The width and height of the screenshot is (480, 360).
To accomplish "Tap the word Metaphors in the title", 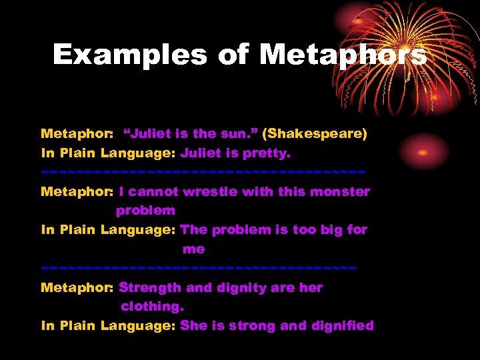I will pyautogui.click(x=343, y=55).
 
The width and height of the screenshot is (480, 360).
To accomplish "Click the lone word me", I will pyautogui.click(x=193, y=249).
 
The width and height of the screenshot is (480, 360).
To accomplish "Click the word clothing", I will pyautogui.click(x=151, y=307).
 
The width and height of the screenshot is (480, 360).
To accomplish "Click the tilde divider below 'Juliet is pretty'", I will pyautogui.click(x=203, y=172).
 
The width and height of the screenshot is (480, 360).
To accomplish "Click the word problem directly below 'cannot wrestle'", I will pyautogui.click(x=145, y=211).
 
